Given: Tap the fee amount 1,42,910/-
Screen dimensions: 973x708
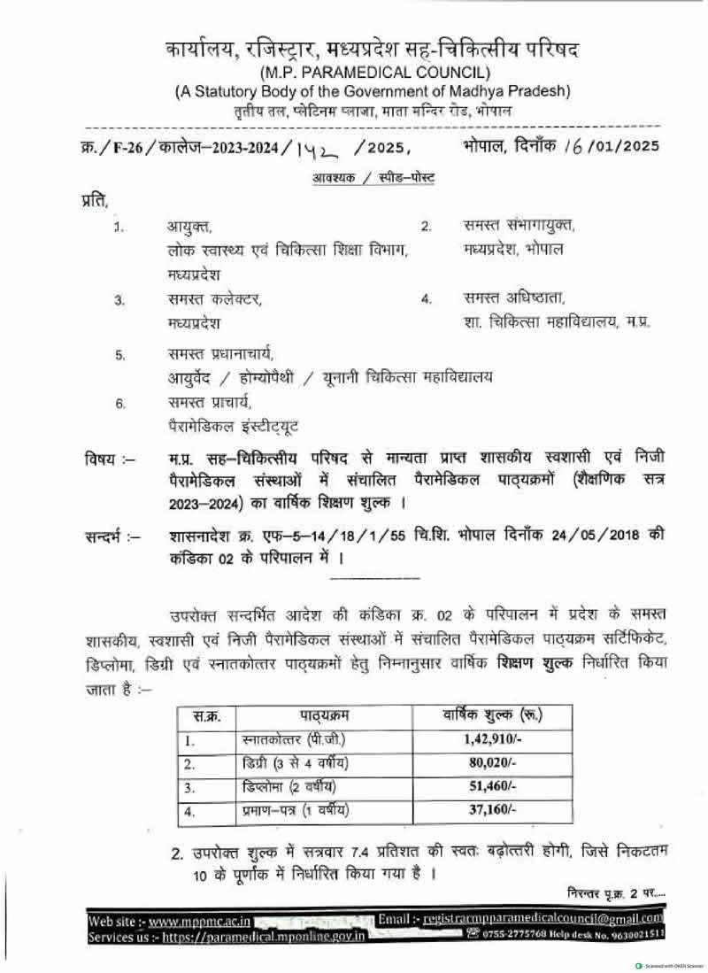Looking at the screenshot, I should click(x=490, y=738).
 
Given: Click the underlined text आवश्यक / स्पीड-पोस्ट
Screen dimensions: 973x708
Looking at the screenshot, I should click(x=373, y=178).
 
